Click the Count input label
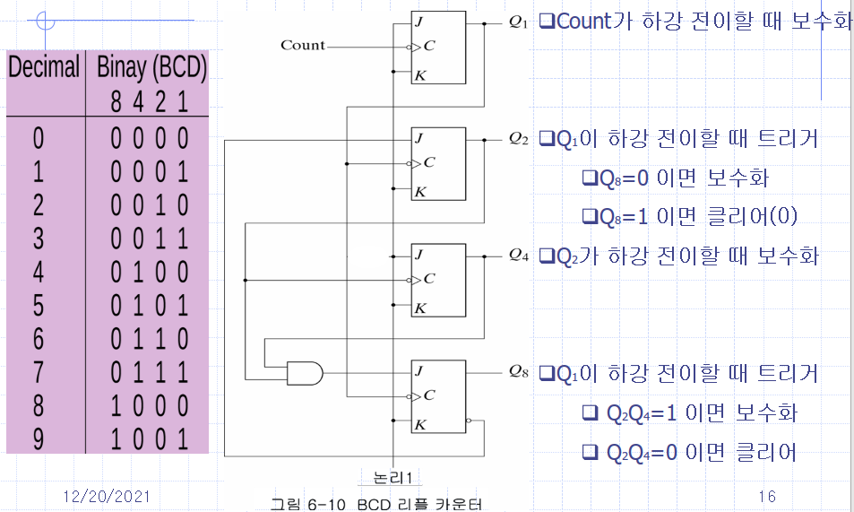pos(303,45)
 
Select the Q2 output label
pos(518,138)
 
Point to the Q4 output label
pos(518,256)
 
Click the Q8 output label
pos(518,370)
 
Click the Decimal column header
pos(45,67)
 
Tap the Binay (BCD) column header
pos(151,67)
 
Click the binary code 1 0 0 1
pos(149,439)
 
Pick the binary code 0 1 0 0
pos(149,272)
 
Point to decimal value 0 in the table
pos(39,138)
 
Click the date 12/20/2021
pos(107,496)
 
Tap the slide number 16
pos(766,496)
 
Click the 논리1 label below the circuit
pos(392,477)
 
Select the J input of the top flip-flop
pos(419,22)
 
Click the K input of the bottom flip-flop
pos(419,424)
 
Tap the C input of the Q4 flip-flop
pos(428,279)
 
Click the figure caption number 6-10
pos(332,504)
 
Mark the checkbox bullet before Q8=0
pos(589,178)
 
